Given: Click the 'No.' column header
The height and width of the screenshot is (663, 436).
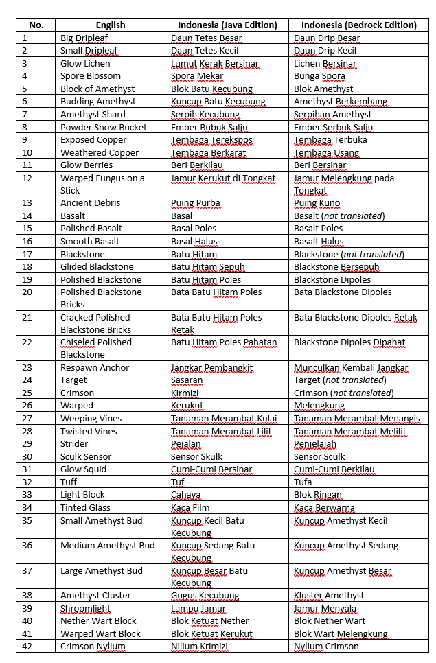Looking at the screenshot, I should point(36,25).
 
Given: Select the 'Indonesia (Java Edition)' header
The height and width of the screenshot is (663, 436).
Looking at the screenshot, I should point(224,25).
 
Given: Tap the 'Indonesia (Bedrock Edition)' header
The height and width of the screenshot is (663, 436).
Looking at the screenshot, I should point(355,25).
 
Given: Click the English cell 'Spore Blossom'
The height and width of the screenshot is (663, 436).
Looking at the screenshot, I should point(91,76).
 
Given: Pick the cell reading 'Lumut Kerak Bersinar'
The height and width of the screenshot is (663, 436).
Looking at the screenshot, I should point(215,64).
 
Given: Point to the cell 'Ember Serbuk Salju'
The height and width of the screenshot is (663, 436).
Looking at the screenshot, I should point(334,127).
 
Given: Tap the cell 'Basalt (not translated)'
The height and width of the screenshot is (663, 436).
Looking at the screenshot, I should point(339,216).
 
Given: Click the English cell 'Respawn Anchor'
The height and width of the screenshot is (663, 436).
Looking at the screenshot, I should point(95,368).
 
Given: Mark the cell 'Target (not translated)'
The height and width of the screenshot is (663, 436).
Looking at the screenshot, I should point(340,380).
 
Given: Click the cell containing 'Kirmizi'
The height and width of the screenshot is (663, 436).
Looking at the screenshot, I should point(185,393).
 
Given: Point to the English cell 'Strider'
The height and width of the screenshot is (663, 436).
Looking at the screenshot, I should point(74,444).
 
